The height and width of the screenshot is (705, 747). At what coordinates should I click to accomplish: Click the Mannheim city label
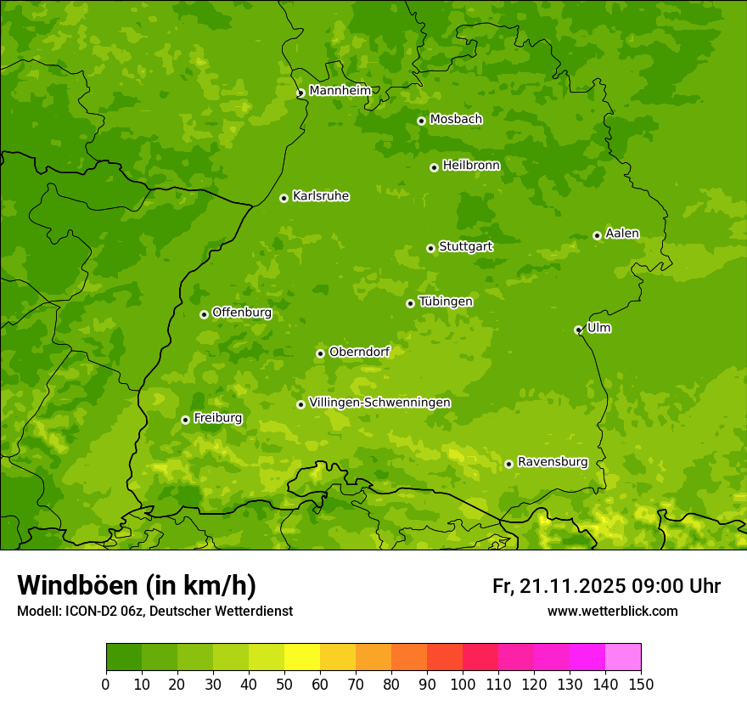point(340,90)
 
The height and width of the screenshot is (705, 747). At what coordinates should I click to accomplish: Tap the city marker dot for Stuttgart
point(430,248)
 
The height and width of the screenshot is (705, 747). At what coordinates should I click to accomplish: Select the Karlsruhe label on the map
point(320,196)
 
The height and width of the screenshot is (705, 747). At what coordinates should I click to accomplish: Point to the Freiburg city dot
point(185,420)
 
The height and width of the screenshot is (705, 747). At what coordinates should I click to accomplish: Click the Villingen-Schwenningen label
point(379,403)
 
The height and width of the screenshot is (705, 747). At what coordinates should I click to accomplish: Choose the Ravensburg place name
point(552,462)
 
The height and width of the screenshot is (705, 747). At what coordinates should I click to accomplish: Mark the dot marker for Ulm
point(578,330)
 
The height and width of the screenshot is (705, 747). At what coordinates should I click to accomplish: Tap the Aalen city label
point(621,234)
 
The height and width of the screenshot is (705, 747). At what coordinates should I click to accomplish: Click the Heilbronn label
point(471,166)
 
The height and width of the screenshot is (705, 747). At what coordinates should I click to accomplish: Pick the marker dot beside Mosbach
point(421,121)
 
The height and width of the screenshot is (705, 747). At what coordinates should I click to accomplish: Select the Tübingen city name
point(445,302)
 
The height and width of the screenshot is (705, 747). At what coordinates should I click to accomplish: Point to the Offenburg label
point(241,313)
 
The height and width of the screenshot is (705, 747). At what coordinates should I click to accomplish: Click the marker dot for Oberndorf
point(320,353)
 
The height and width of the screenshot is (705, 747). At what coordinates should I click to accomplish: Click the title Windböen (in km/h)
point(136,585)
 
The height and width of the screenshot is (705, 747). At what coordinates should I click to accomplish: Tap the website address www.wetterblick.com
point(612,612)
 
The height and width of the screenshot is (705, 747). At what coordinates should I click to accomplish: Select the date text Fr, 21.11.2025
point(559,586)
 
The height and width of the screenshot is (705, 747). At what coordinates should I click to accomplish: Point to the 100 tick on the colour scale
point(463,684)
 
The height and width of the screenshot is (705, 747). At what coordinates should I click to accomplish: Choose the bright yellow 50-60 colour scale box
point(302,657)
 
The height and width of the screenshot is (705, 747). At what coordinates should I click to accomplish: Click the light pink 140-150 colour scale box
point(623,657)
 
